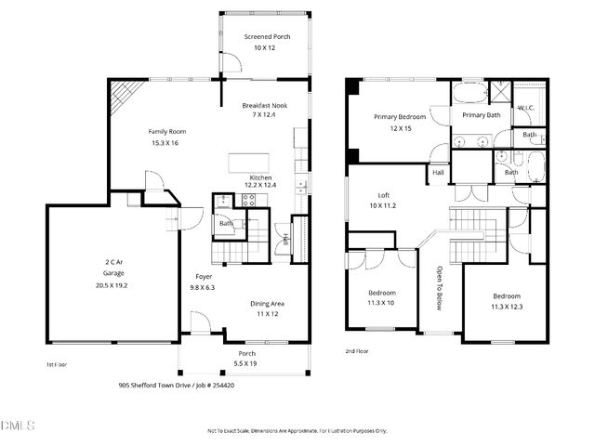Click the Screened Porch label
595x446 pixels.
pyautogui.click(x=268, y=36)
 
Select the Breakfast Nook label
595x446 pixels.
pyautogui.click(x=265, y=105)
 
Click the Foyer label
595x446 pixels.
pyautogui.click(x=204, y=277)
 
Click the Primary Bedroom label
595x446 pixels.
pyautogui.click(x=400, y=117)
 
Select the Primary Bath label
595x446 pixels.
pyautogui.click(x=481, y=114)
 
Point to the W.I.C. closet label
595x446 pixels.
pyautogui.click(x=524, y=108)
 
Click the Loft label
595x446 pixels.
pyautogui.click(x=383, y=195)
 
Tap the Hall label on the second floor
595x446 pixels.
pyautogui.click(x=437, y=173)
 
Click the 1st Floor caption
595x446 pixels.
pyautogui.click(x=57, y=365)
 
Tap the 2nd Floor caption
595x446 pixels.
pyautogui.click(x=356, y=351)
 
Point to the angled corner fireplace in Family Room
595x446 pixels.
pyautogui.click(x=123, y=93)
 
